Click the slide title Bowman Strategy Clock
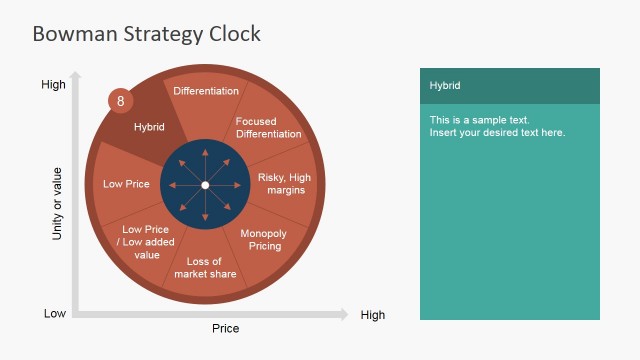146,34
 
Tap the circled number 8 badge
121,101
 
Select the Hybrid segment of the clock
149,127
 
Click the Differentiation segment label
206,91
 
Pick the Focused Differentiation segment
268,128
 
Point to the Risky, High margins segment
284,184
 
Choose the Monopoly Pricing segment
265,239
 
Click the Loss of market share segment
205,268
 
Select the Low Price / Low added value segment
147,241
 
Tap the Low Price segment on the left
126,184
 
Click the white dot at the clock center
205,185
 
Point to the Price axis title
225,328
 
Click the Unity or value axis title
57,205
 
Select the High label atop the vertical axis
53,84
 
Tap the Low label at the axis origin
55,313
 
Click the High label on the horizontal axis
372,315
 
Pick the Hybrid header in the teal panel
445,86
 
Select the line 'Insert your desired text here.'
497,133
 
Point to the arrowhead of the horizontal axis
344,314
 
